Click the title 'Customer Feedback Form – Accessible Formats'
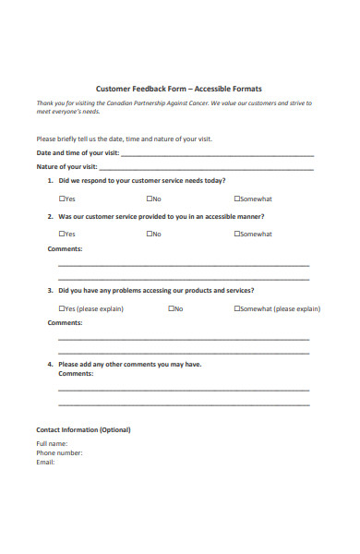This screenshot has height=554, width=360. point(179,89)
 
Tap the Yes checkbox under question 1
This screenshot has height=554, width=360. point(62,199)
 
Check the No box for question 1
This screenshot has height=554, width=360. point(150,199)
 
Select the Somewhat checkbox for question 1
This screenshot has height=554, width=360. point(237,199)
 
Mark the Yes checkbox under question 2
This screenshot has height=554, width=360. point(62,234)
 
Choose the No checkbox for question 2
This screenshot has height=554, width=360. point(150,234)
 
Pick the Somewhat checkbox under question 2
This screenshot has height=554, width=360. point(237,234)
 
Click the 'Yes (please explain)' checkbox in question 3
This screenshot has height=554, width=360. point(62,308)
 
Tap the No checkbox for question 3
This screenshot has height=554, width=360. point(172,308)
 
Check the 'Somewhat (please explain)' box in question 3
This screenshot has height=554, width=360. point(237,308)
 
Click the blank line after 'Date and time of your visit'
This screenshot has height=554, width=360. point(217,154)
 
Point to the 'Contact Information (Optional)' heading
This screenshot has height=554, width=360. point(83,429)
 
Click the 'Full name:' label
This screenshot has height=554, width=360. point(52,444)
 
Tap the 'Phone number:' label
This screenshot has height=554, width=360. point(59,453)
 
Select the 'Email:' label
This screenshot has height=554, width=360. point(45,462)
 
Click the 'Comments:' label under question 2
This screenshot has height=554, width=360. point(65,248)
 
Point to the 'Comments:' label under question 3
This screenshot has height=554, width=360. point(65,322)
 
